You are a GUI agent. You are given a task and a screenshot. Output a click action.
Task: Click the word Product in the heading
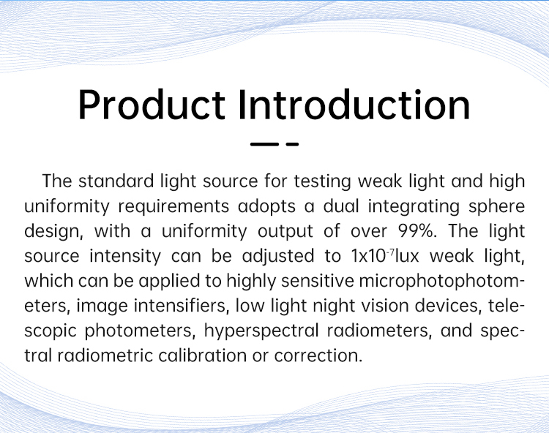click(x=152, y=105)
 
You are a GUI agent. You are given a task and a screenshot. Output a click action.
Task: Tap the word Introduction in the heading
click(x=354, y=105)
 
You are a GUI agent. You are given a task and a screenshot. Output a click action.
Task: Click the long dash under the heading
click(x=264, y=144)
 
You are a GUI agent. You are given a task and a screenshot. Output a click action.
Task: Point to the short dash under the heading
click(x=292, y=144)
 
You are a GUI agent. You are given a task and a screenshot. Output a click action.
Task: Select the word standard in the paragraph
click(x=116, y=181)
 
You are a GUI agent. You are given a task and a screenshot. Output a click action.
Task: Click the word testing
click(x=322, y=182)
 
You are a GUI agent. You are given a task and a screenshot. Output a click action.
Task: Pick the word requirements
click(x=173, y=206)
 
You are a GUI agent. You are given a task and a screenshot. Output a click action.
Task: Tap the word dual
click(x=341, y=206)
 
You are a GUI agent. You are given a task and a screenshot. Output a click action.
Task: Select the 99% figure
click(x=418, y=231)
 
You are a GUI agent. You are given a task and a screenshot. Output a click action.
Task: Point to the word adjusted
click(x=278, y=257)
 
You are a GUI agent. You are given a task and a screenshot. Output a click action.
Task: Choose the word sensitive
click(x=318, y=281)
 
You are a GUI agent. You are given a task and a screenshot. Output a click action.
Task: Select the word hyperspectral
click(x=261, y=331)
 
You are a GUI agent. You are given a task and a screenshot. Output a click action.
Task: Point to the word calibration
click(x=202, y=355)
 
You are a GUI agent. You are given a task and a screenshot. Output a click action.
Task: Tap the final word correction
click(x=318, y=356)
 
